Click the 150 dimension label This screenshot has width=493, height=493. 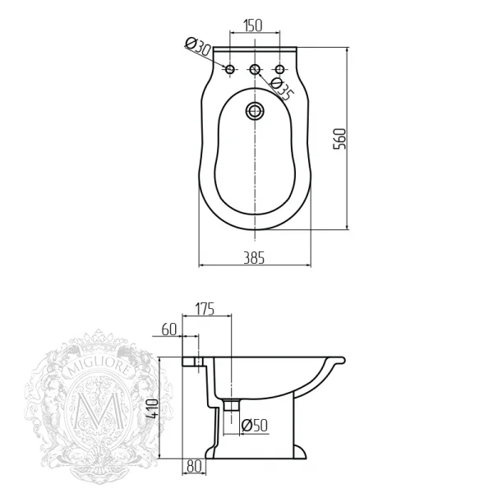point(253,25)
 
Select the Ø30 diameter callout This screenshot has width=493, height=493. point(198,47)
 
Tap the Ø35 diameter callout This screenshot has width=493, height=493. point(282,90)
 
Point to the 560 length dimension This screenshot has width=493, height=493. point(339,139)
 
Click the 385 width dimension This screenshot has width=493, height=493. point(254,258)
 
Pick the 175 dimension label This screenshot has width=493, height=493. point(205,309)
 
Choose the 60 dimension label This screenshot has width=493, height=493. point(169,329)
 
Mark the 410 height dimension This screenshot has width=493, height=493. point(152,408)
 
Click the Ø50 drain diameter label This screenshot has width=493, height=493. point(255,426)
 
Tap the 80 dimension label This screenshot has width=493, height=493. point(194,467)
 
